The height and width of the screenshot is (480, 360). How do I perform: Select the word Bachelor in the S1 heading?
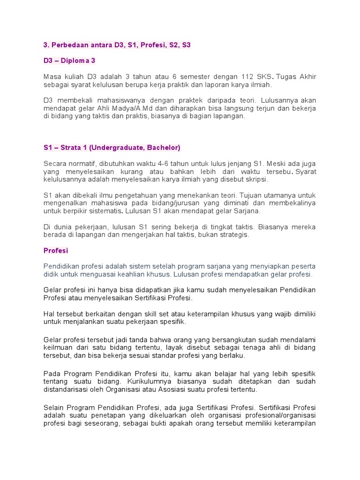(x=163, y=148)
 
